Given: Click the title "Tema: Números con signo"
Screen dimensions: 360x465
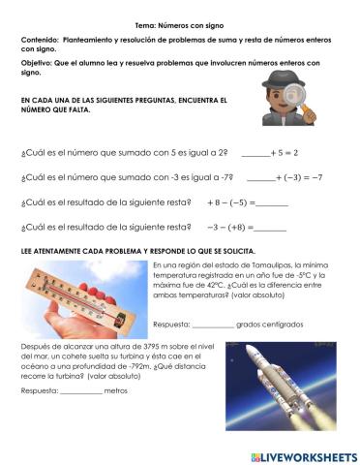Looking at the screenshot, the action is pos(180,23).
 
